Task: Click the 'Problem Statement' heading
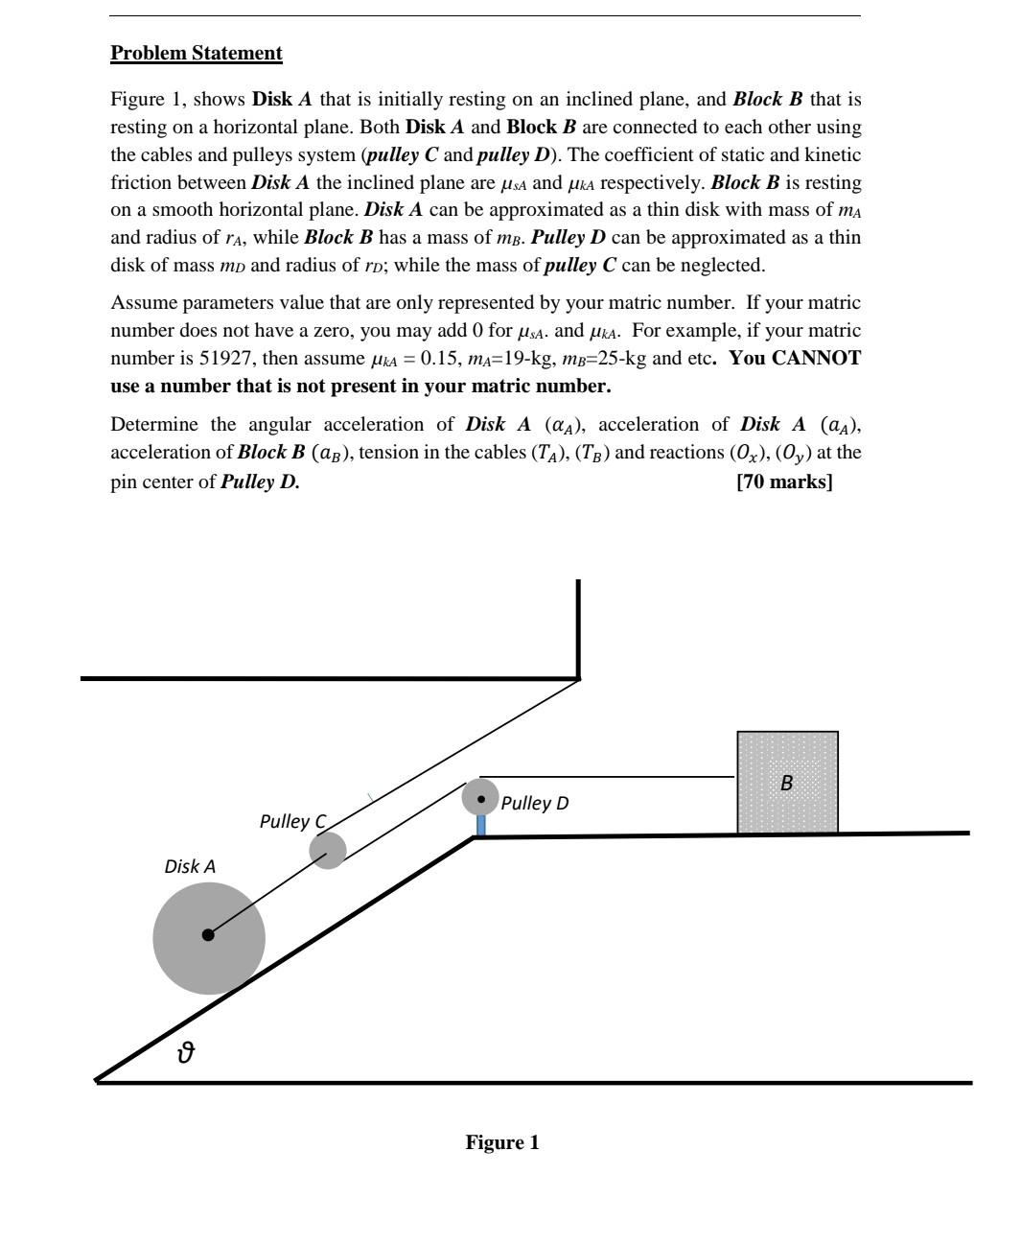tap(196, 53)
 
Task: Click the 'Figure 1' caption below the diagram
tap(502, 1142)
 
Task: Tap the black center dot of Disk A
tap(208, 935)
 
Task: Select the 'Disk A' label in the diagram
tap(190, 866)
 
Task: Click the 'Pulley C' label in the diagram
tap(292, 821)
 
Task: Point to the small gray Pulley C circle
tap(328, 851)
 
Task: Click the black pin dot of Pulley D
tap(481, 798)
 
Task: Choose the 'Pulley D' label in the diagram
tap(534, 803)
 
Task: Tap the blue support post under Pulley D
tap(480, 825)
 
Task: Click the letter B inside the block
tap(786, 783)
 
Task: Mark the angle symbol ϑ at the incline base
tap(186, 1053)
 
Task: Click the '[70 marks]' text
tap(784, 482)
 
